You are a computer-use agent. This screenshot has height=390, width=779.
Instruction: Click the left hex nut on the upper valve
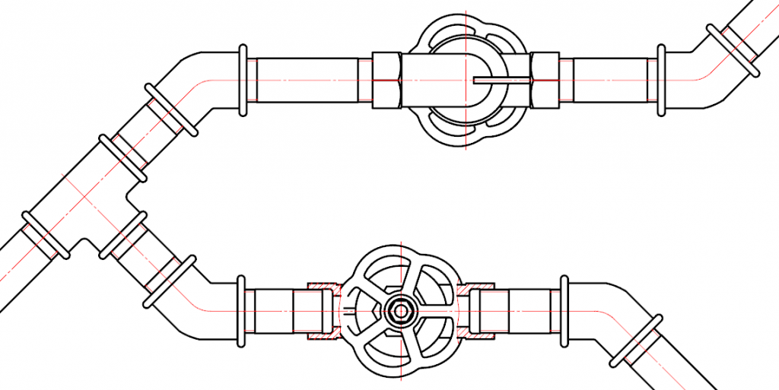[386, 80]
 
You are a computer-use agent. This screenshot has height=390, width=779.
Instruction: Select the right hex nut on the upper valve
[545, 80]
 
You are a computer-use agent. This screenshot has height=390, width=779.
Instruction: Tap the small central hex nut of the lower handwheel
[399, 310]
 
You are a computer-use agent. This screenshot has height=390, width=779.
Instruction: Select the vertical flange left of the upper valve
[243, 80]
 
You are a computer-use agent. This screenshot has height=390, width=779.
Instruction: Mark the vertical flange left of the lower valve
[241, 311]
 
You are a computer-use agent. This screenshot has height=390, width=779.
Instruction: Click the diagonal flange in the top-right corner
[732, 50]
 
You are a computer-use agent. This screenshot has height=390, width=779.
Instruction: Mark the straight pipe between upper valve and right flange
[609, 80]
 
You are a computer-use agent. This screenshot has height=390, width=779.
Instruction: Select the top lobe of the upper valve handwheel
[463, 26]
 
